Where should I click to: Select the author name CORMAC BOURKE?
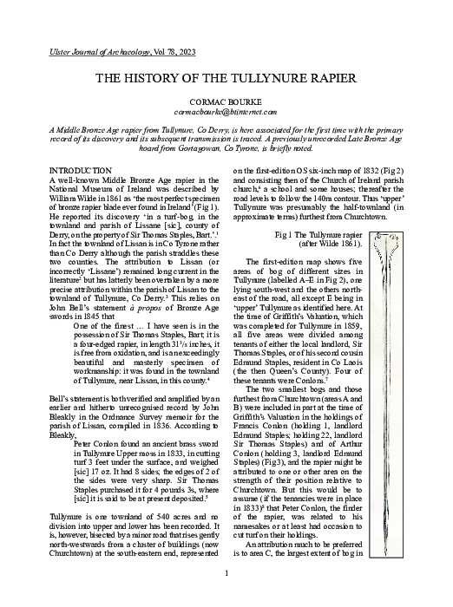[x=226, y=101]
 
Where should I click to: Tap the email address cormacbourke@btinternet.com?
[x=226, y=112]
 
